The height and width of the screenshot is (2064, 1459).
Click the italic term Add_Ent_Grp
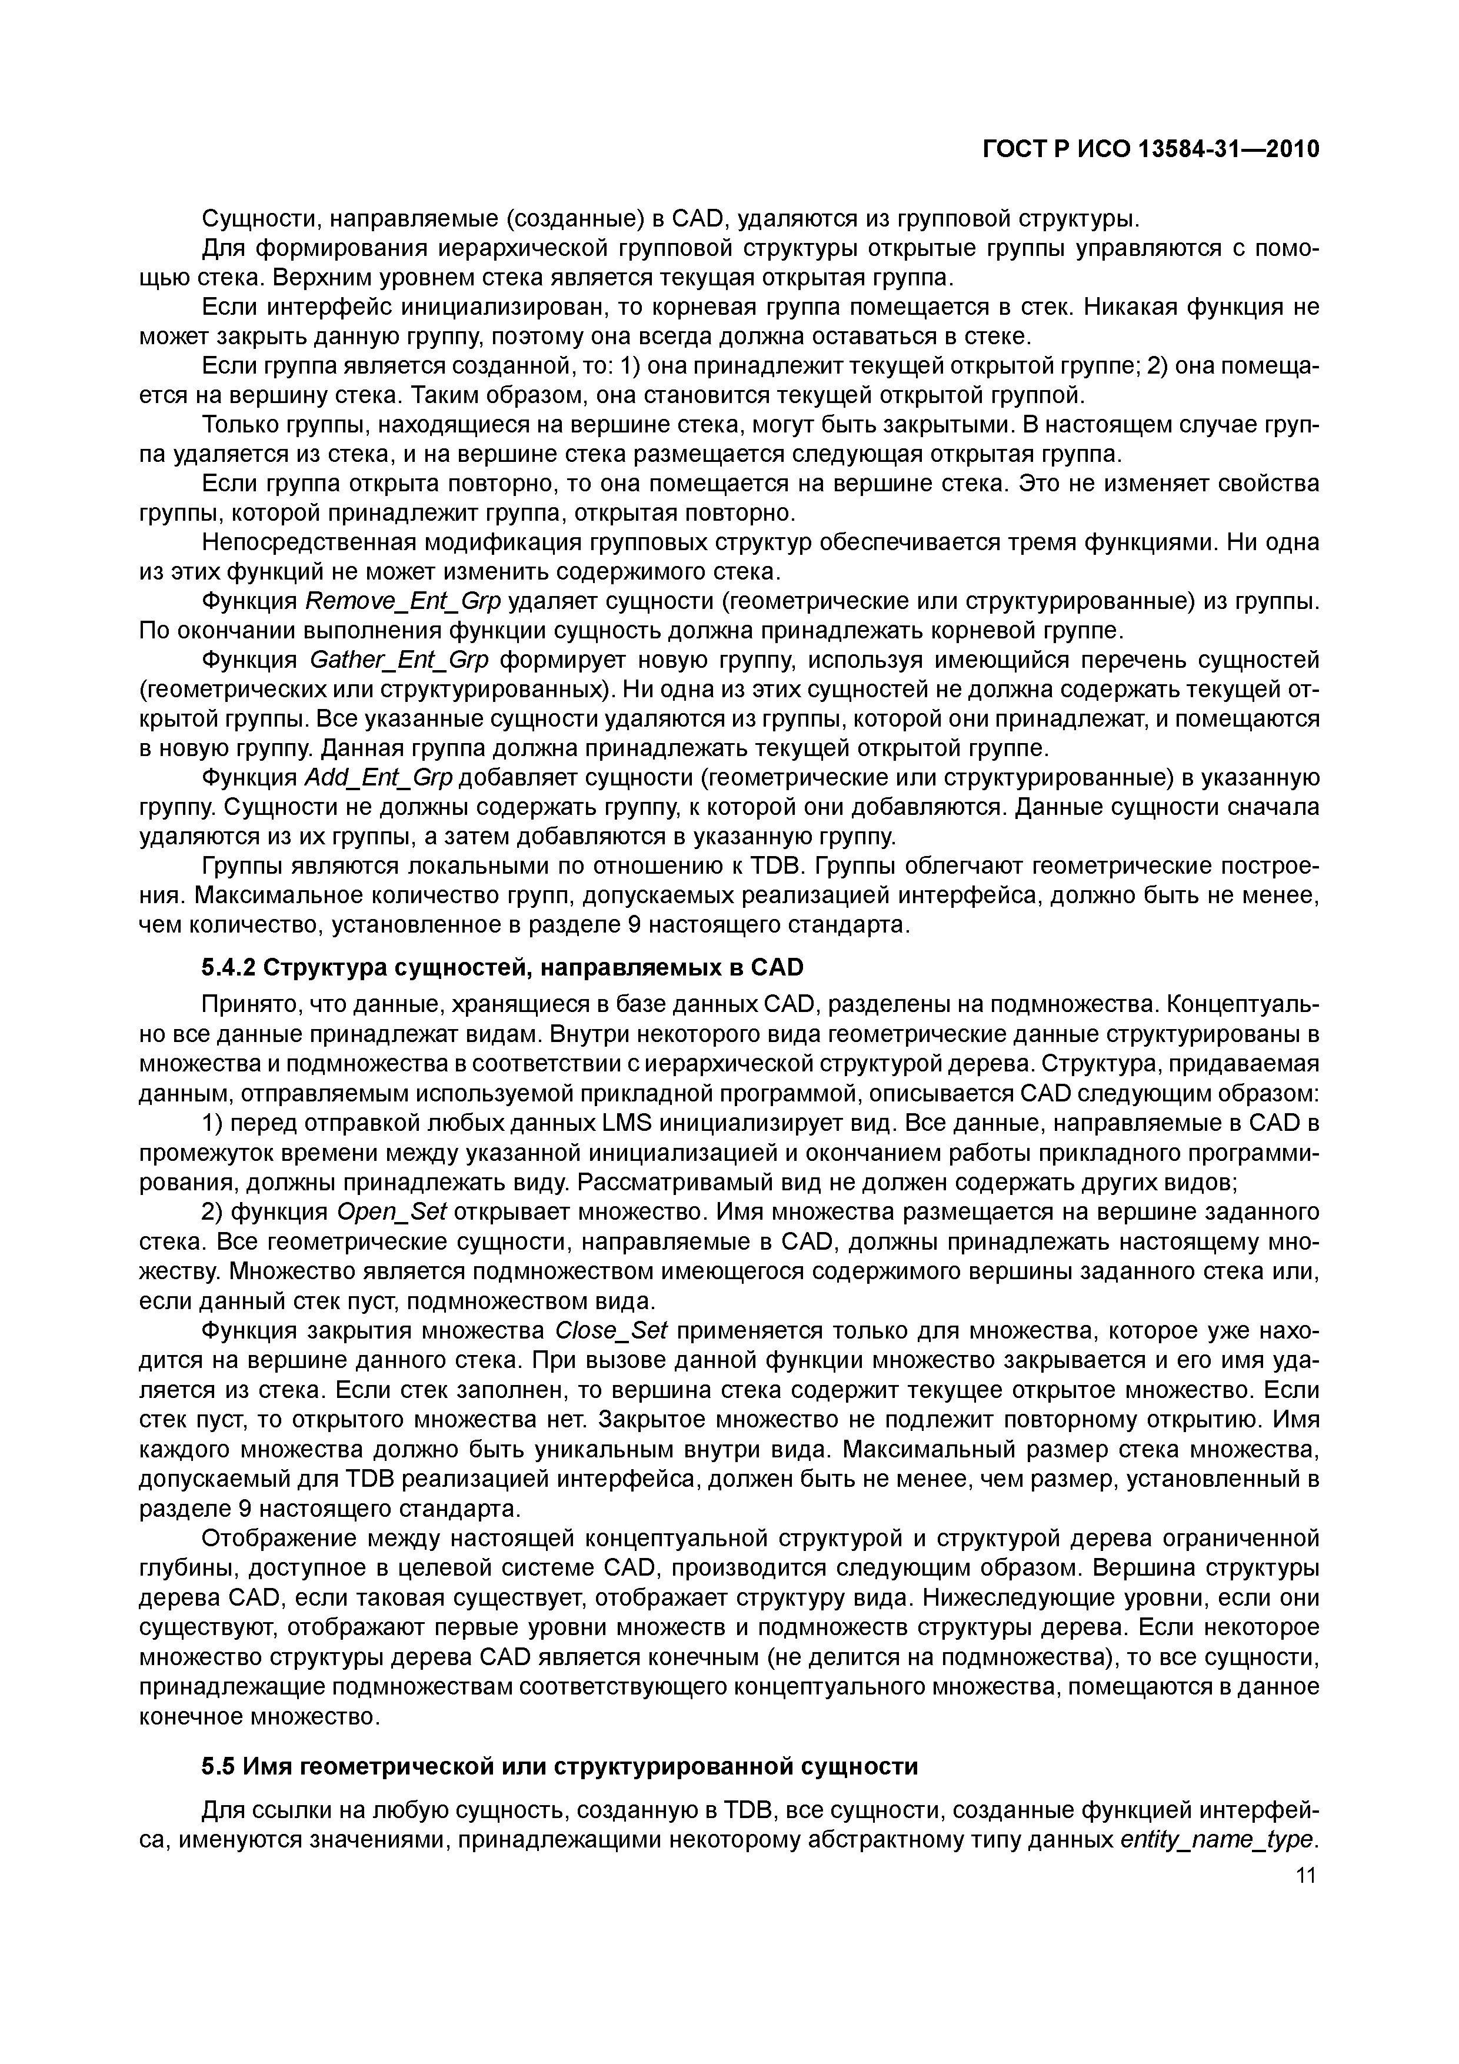pyautogui.click(x=378, y=778)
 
